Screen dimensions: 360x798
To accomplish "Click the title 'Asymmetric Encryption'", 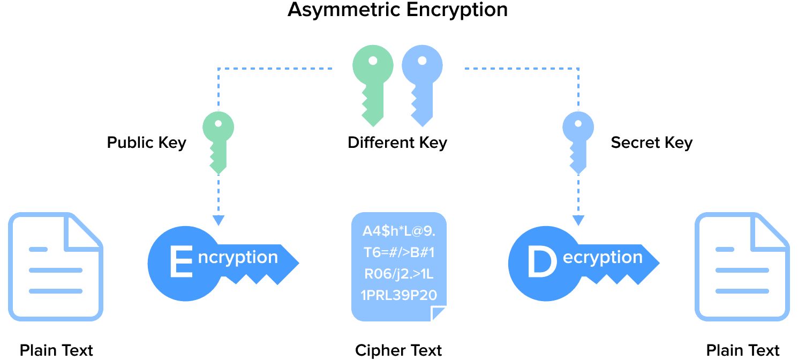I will [397, 10].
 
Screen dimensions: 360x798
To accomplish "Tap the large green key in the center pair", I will [372, 80].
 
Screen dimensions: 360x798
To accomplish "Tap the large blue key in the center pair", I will [422, 80].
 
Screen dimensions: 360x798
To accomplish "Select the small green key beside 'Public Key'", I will [218, 140].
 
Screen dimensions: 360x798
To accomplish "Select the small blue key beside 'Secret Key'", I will [578, 140].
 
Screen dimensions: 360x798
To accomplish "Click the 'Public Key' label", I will [146, 143].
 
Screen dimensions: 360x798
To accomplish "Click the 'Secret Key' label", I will [651, 143].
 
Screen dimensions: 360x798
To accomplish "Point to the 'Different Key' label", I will [397, 143].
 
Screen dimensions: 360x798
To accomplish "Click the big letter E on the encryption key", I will [180, 262].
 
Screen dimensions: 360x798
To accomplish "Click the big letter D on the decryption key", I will [541, 262].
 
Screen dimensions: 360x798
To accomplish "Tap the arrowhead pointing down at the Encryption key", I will [218, 221].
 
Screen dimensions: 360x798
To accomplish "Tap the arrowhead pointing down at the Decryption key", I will [578, 221].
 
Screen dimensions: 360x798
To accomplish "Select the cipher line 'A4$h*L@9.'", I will [399, 231].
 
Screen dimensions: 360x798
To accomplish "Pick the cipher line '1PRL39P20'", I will [399, 295].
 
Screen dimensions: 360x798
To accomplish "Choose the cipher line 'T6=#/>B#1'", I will [399, 253].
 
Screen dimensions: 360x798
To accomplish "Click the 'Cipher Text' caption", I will [398, 351].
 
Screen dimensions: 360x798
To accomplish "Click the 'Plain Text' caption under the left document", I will [56, 351].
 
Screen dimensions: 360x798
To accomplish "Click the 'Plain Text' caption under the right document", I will [742, 351].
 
